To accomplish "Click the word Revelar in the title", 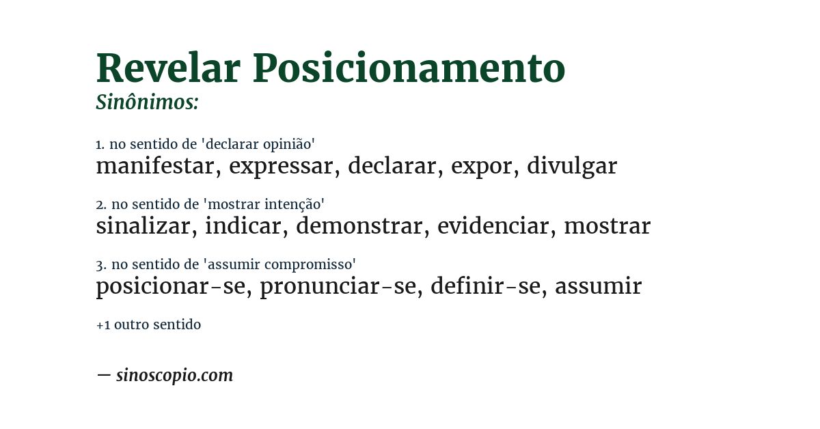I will [x=168, y=68].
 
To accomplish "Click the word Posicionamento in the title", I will [x=409, y=68].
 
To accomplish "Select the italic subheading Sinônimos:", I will [x=147, y=102].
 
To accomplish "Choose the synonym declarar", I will [x=392, y=166].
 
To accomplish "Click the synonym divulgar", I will [x=572, y=166].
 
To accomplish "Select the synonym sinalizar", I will [x=143, y=226].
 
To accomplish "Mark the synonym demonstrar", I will [x=359, y=226].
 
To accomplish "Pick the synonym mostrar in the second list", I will [x=607, y=226].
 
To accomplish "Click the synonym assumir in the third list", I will [x=598, y=286].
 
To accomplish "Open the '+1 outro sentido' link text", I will [x=148, y=324].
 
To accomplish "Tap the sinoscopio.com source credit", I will [x=174, y=375].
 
